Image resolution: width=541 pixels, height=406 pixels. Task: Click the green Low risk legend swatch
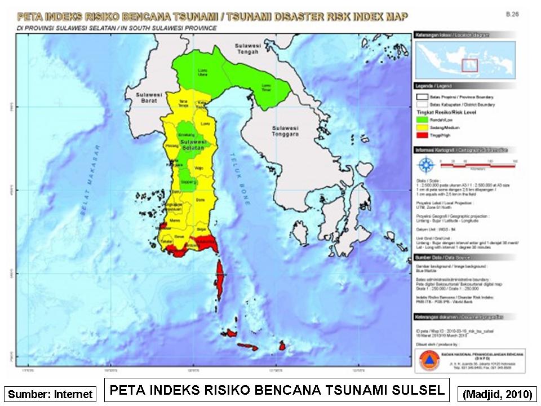click(x=422, y=120)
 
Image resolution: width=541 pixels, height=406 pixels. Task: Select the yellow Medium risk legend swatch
click(x=422, y=128)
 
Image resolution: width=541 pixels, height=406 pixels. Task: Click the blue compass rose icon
click(x=427, y=165)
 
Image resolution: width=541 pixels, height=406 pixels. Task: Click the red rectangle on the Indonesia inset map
click(x=469, y=65)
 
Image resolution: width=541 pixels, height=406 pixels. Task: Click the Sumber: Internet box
click(x=50, y=394)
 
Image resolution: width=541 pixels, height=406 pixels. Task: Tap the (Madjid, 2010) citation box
click(x=497, y=394)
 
